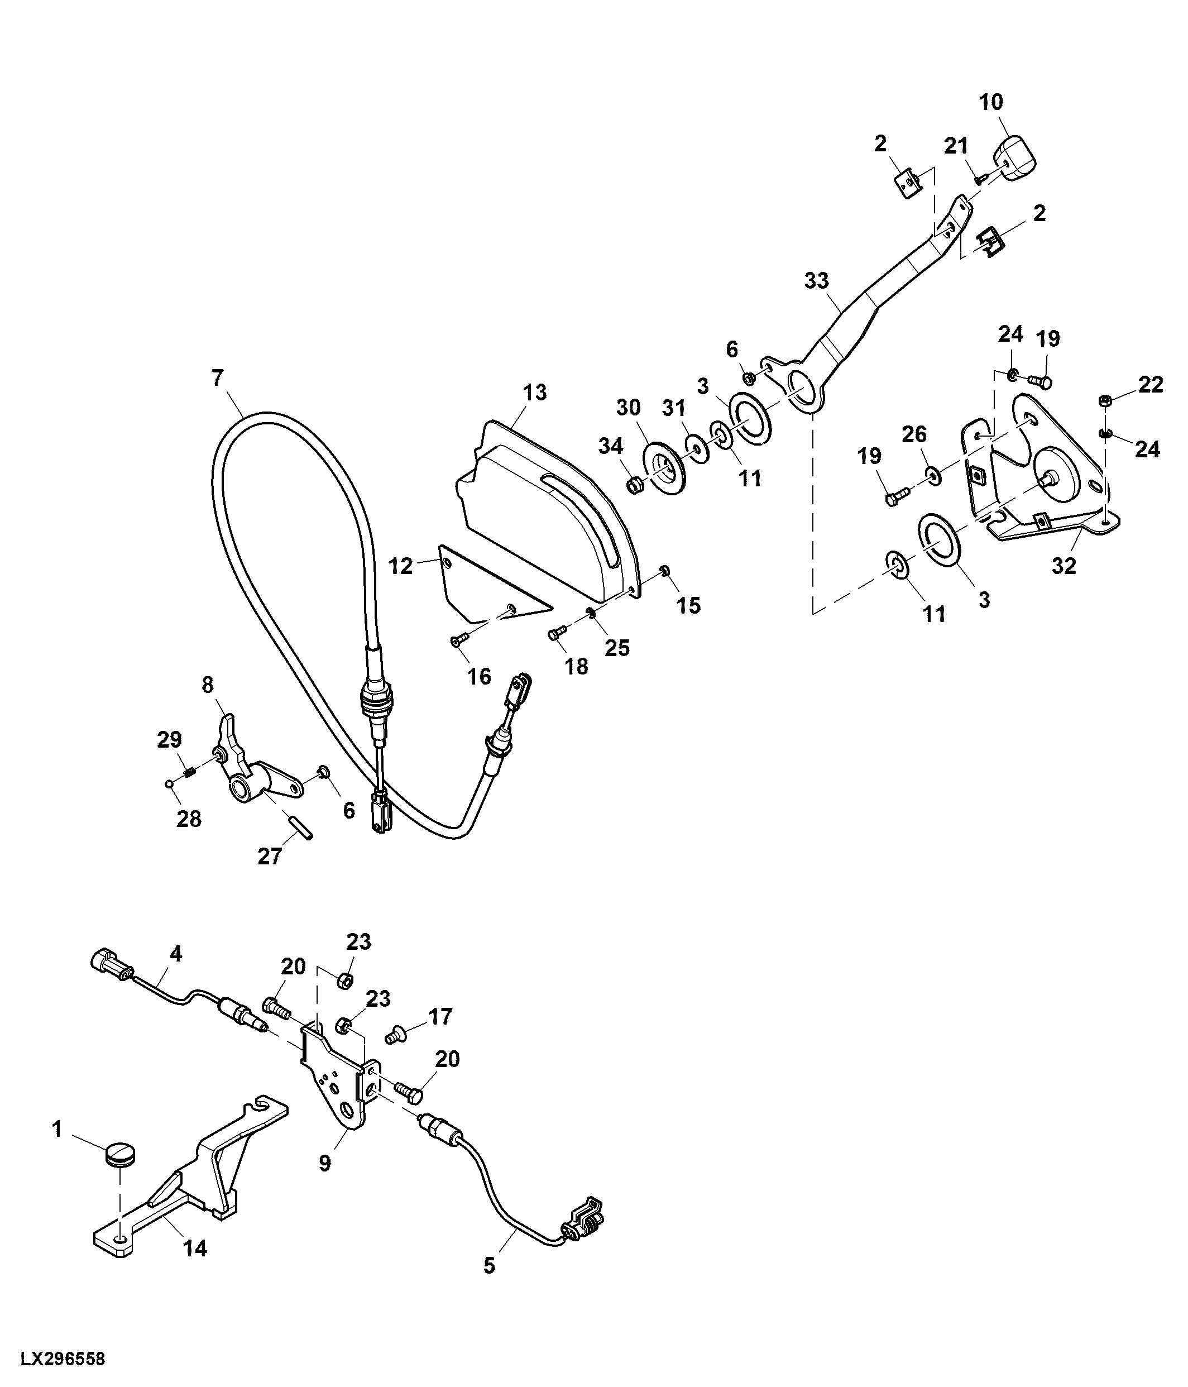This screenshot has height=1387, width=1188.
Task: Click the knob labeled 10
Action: pyautogui.click(x=1014, y=159)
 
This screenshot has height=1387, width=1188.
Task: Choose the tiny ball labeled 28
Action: pyautogui.click(x=169, y=784)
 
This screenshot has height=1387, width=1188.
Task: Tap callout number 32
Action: pyautogui.click(x=1064, y=566)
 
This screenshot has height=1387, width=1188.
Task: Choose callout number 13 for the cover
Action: pyautogui.click(x=535, y=393)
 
